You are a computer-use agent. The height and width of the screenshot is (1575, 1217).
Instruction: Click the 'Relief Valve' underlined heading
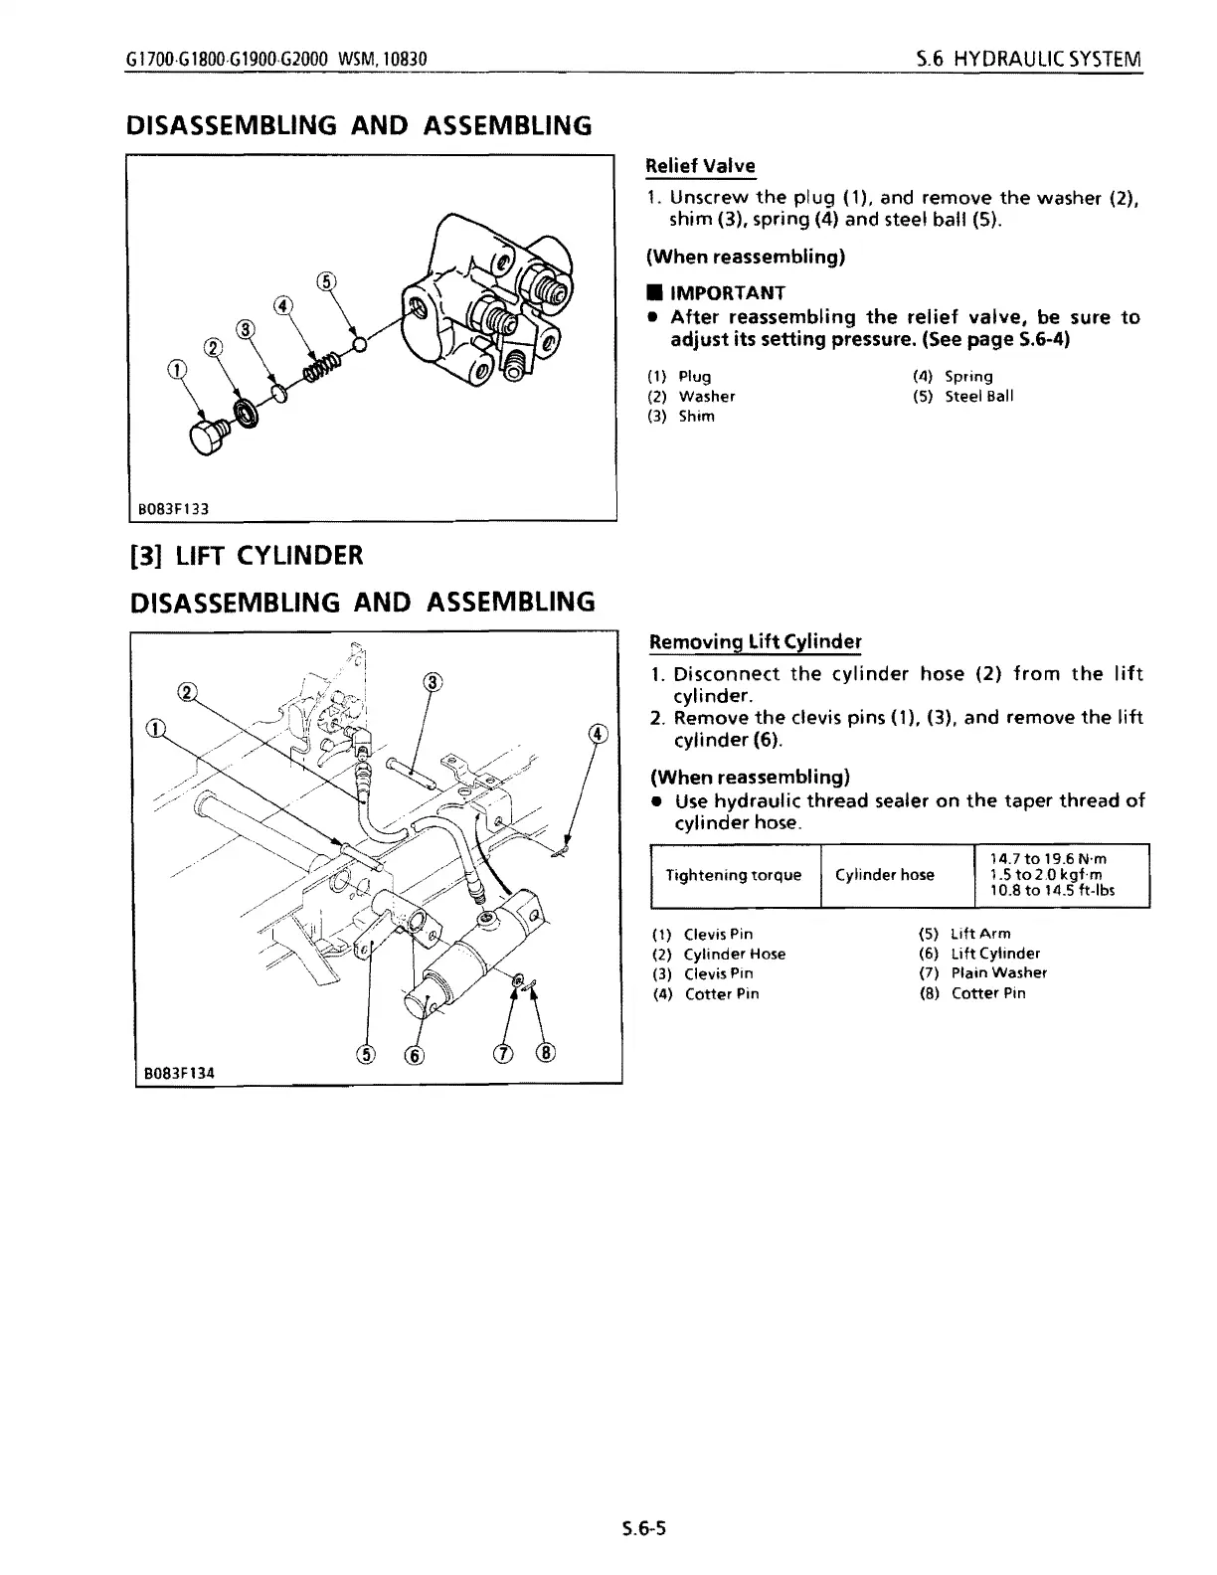700,166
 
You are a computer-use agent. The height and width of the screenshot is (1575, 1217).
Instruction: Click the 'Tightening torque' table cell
734,875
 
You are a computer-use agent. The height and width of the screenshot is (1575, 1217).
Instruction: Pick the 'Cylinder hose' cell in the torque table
885,875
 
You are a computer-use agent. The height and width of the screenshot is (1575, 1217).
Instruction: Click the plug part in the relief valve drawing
210,437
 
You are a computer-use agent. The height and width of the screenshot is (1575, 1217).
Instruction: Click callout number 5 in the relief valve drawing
326,281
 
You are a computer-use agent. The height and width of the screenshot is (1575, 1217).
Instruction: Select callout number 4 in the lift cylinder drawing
598,735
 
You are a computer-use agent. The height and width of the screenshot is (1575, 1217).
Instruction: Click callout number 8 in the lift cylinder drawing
546,1053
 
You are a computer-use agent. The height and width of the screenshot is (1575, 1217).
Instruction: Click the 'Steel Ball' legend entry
978,396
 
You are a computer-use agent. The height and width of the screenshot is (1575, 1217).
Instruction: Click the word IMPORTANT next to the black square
728,292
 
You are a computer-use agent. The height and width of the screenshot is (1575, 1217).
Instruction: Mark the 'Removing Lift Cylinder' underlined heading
755,641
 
